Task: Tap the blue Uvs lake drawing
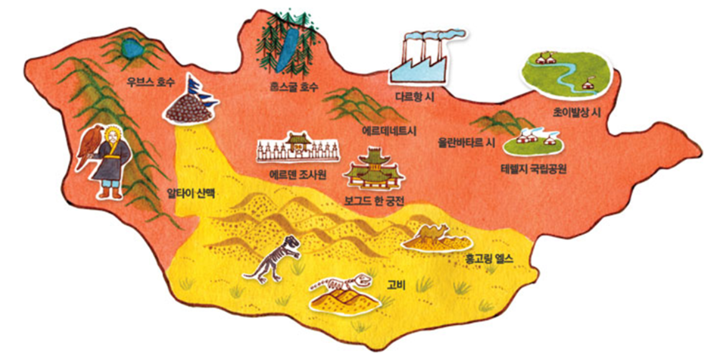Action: tap(132, 47)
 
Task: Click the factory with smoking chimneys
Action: tap(423, 58)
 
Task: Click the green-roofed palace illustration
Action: tap(375, 168)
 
